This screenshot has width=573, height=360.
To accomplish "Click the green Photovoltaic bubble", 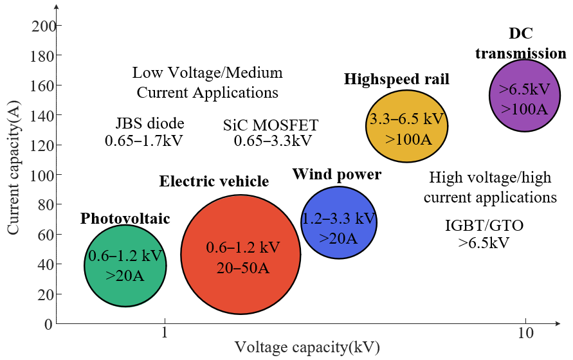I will [125, 265].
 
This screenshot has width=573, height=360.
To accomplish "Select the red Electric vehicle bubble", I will [241, 255].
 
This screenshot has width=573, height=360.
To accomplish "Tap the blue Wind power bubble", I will [339, 223].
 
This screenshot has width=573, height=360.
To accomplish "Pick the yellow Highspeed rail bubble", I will [406, 126].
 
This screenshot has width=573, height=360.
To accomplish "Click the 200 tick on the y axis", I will [43, 26].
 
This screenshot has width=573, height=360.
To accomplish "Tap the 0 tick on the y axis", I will [48, 324].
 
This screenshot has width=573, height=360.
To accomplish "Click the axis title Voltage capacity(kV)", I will [307, 348].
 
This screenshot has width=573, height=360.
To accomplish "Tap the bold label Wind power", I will [337, 174].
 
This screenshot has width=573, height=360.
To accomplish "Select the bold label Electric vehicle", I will [214, 182].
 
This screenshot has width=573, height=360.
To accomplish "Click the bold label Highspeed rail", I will [396, 79].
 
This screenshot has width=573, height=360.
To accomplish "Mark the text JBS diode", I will [150, 123].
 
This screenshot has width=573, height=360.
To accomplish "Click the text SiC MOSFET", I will [271, 125].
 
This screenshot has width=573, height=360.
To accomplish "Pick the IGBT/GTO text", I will [484, 226].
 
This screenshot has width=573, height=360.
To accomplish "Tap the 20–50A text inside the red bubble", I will [242, 267].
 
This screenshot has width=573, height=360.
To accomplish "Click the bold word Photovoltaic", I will [125, 219].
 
